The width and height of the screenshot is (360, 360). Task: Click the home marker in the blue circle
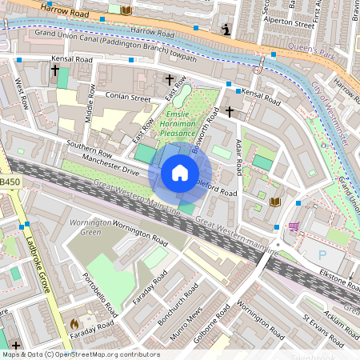180,173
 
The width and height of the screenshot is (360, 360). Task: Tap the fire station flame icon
74,324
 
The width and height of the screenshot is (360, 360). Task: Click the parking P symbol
323,254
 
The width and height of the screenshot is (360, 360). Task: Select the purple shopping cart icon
294,226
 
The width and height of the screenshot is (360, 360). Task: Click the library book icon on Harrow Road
126,10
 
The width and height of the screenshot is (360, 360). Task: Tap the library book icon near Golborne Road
275,202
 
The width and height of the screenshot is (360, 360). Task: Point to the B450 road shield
10,182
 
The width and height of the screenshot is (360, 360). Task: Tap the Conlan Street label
128,98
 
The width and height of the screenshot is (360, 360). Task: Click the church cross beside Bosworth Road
230,111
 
